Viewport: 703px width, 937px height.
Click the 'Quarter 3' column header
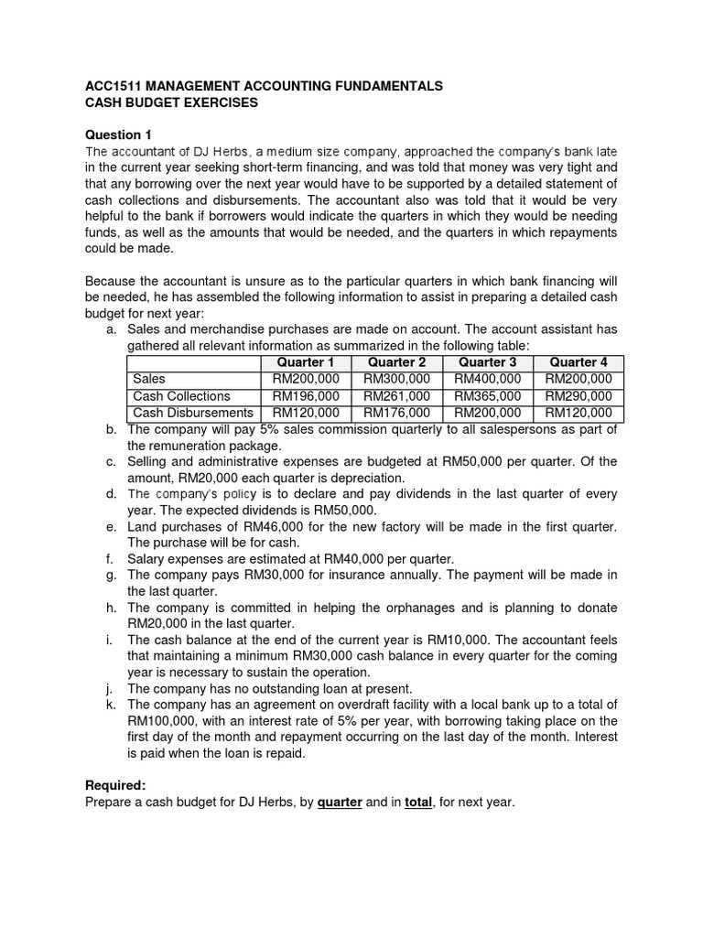pos(487,362)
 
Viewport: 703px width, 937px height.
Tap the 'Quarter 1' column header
pos(305,362)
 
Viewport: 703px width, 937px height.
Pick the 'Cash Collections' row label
pos(181,395)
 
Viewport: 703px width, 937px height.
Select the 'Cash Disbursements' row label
pos(192,413)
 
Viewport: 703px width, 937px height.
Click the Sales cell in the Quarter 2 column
pos(395,379)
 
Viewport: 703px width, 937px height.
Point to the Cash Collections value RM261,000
pos(395,395)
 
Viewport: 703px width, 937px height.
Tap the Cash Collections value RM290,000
pos(578,395)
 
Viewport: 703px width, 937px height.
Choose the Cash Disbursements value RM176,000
pos(395,413)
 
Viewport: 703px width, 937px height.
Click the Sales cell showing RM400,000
pos(487,379)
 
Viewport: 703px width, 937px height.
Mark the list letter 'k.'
pos(111,705)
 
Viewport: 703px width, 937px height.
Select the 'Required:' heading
pos(115,786)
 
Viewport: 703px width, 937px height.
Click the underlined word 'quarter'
pos(340,802)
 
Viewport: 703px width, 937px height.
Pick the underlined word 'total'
pos(417,802)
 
